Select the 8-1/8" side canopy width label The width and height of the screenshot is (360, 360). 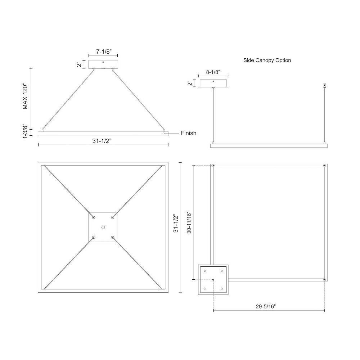click(x=213, y=72)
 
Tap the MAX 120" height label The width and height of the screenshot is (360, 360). click(x=25, y=97)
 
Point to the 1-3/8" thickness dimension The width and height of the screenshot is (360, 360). click(x=25, y=132)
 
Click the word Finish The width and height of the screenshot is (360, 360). click(x=188, y=133)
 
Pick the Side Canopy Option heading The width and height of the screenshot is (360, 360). click(x=267, y=60)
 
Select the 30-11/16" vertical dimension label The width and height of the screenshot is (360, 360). click(x=189, y=222)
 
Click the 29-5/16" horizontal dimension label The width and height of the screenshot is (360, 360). click(x=266, y=306)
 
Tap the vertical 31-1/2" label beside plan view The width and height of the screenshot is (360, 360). click(x=176, y=224)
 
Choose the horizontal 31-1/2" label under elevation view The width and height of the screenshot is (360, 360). click(x=102, y=141)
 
